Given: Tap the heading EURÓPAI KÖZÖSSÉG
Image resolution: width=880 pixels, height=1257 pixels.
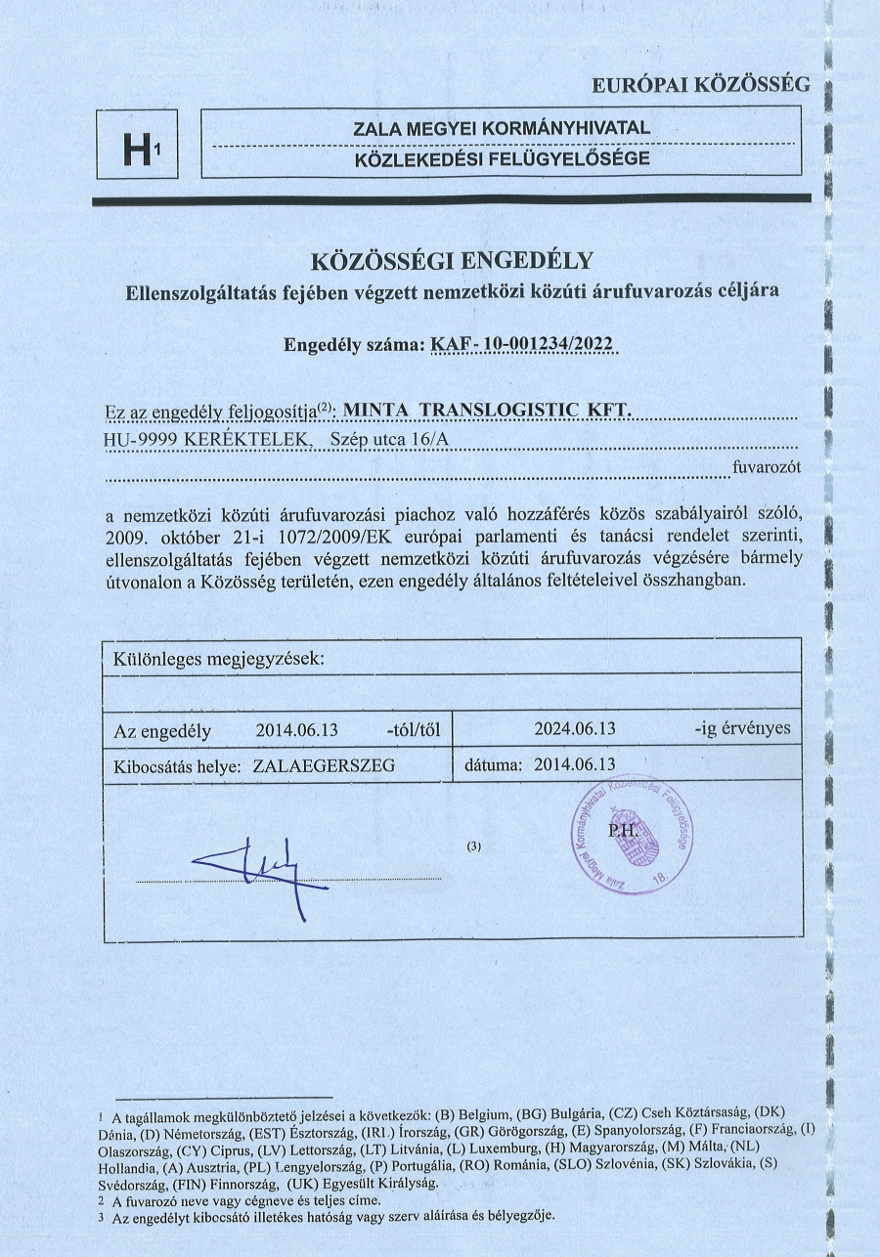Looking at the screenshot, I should coord(701,85).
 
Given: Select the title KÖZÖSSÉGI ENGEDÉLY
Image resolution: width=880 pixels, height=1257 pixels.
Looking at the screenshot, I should coord(452,261).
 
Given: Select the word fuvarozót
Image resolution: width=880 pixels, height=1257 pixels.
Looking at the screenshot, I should coord(767,467).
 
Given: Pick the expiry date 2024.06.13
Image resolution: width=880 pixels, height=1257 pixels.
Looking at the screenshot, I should coord(575,728).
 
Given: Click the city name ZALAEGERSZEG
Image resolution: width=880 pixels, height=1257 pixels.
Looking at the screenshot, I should coord(324,766).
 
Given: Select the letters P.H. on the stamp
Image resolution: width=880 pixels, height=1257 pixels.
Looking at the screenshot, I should coord(623,830).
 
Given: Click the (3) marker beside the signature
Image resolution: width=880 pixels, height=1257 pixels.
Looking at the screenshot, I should coord(475,846).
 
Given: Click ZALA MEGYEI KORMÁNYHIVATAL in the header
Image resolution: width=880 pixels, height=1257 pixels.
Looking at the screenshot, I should coord(501,128).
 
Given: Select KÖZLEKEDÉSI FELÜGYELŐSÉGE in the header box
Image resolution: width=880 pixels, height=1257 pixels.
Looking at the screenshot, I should coord(501,159).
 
